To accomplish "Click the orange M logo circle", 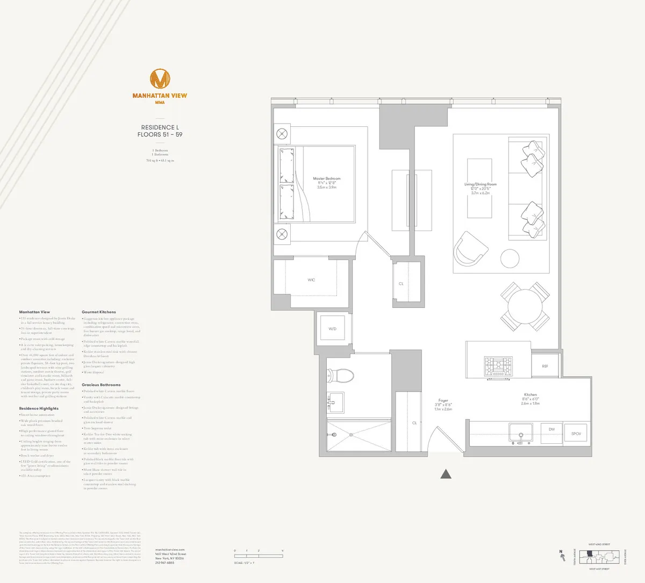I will (160, 79).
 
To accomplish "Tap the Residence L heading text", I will (160, 128).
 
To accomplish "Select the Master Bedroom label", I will (327, 179).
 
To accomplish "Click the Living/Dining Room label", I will (481, 184).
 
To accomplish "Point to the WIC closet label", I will (311, 280).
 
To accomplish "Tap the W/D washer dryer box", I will (332, 329).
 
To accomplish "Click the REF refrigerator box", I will (545, 366).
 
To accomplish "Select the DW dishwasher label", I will (551, 429).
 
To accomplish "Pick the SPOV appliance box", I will (576, 434).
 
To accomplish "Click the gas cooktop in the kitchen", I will (498, 366).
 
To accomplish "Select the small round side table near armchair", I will (510, 259).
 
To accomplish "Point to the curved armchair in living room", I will (470, 249).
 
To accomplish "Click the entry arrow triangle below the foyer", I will (446, 474).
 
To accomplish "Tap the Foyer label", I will (443, 400).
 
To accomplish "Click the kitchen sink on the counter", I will (520, 432).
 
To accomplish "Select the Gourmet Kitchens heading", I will (99, 312).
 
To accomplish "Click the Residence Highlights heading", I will (39, 408).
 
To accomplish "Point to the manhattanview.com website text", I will (170, 550).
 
